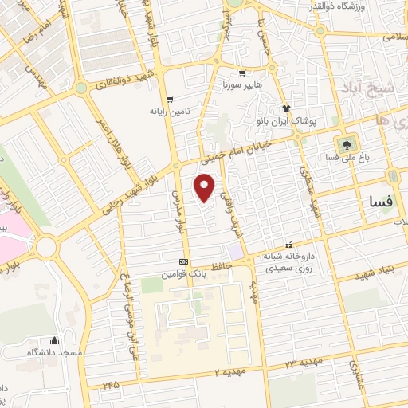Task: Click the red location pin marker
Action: click(x=205, y=188)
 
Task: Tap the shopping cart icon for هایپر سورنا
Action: click(x=241, y=73)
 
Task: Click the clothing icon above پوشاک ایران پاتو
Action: click(x=286, y=108)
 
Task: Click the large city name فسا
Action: click(x=377, y=202)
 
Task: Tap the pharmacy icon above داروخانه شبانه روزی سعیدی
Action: click(x=288, y=245)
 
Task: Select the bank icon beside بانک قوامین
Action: click(x=185, y=261)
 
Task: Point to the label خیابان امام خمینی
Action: click(x=246, y=147)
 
